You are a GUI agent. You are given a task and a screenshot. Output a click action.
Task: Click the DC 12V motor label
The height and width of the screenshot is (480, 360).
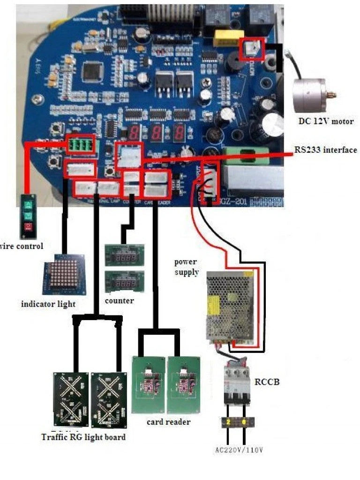click(326, 121)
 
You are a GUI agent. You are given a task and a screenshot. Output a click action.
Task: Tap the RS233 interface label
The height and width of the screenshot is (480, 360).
click(325, 150)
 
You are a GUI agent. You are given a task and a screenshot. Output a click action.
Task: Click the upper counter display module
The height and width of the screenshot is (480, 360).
click(124, 255)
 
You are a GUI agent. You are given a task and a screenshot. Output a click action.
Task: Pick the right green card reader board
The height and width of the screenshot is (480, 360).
click(184, 384)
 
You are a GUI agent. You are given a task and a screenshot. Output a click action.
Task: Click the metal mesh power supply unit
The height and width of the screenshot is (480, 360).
click(232, 307)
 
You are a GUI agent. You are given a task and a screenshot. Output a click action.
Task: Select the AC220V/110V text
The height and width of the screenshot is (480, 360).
click(239, 450)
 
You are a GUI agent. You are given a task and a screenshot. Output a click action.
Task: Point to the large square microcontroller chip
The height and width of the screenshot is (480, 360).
click(92, 71)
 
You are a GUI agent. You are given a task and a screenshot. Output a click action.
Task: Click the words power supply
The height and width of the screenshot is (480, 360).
click(186, 267)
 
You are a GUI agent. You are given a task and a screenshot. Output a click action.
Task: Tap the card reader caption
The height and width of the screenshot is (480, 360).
click(168, 422)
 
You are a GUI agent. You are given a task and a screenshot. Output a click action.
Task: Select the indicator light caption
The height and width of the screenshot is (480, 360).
click(48, 304)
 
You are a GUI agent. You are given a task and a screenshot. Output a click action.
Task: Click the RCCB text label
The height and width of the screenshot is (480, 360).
click(267, 382)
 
